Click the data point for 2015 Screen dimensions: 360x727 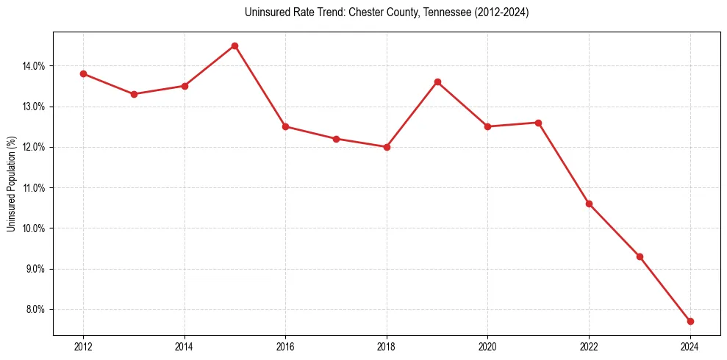coord(234,46)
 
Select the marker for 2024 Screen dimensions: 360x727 coord(690,321)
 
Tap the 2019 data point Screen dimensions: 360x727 coord(437,82)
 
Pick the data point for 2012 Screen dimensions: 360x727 coord(83,73)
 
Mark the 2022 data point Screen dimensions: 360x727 coord(589,204)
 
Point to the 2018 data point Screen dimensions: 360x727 coord(387,147)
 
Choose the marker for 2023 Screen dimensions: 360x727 coord(640,256)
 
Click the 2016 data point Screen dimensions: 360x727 coord(285,126)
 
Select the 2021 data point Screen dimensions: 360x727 coord(538,123)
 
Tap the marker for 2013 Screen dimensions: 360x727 coord(134,94)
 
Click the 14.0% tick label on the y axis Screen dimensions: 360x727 coord(34,66)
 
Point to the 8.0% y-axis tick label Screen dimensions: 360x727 coord(35,309)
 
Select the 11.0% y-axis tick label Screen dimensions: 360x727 coord(34,188)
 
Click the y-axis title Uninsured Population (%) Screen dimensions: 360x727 coord(12,184)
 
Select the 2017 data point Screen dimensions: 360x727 coord(336,139)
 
